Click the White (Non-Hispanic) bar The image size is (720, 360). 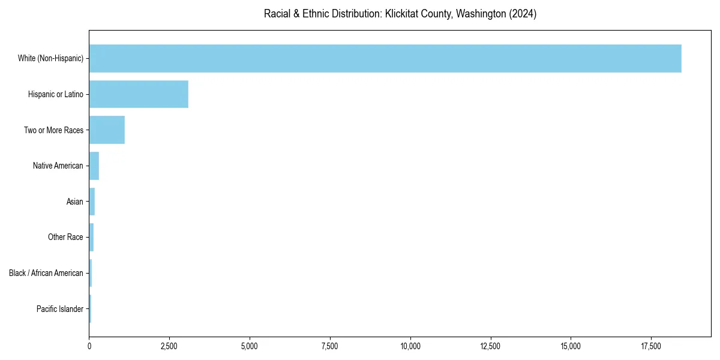point(385,58)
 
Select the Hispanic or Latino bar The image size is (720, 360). point(139,94)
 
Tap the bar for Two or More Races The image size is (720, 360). point(107,130)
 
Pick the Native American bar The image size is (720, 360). point(94,166)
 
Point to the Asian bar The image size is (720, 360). point(92,202)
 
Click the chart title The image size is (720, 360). point(400,14)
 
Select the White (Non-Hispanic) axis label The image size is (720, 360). point(51,58)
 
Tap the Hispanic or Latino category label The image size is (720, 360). point(56,94)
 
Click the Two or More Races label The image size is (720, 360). point(54,130)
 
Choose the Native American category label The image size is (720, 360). point(58,166)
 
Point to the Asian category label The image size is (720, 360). point(75,202)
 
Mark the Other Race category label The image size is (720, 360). point(65,238)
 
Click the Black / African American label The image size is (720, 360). point(46,273)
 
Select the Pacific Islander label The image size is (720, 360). point(60,309)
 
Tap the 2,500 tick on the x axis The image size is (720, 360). point(169,346)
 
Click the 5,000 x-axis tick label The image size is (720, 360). point(250,346)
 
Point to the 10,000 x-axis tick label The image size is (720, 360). point(410,346)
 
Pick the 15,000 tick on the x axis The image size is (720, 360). point(571,346)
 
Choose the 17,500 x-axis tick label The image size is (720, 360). point(651,346)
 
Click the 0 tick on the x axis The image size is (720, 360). point(89,346)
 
